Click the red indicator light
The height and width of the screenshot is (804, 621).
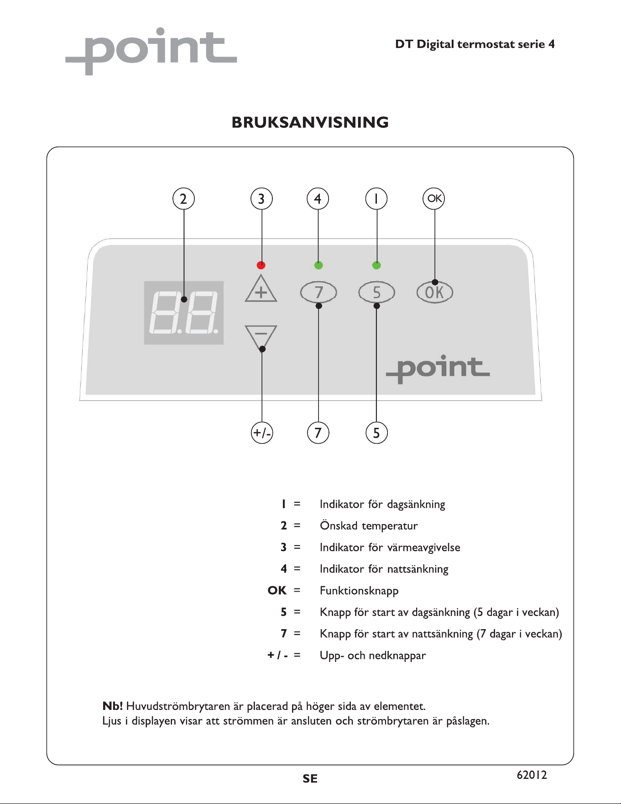point(261,265)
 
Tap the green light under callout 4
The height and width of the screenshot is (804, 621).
point(318,265)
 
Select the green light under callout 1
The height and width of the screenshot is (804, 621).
point(376,265)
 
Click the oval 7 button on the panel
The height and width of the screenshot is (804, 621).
point(318,292)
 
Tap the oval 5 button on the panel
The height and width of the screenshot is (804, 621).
point(376,292)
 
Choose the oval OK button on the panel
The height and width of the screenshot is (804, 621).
point(435,292)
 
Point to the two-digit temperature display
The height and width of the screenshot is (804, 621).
point(184,313)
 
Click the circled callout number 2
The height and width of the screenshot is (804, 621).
point(183,199)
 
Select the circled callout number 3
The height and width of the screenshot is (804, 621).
point(261,199)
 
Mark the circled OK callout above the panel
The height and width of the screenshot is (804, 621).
point(434,199)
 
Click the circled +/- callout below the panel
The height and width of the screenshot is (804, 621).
point(262,432)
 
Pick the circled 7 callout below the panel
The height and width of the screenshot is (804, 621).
point(318,432)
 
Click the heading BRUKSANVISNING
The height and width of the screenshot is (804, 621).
point(310,122)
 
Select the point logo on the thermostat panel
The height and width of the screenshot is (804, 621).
point(438,368)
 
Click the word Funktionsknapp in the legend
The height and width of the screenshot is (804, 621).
point(359,591)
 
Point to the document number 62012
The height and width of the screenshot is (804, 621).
point(532,775)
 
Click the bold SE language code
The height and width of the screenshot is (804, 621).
point(310,779)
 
